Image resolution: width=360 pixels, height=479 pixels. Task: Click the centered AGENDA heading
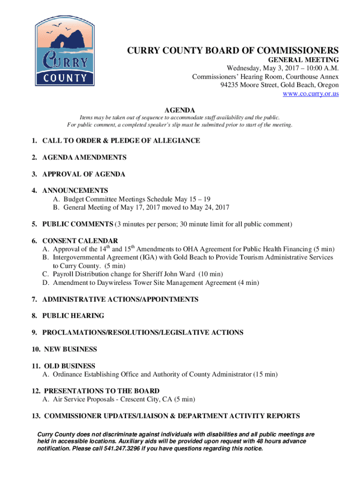point(180,110)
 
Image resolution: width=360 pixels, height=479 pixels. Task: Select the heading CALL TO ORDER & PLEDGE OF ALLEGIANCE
point(121,141)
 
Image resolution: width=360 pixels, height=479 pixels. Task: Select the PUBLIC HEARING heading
point(73,316)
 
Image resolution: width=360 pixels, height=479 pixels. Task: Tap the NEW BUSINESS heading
point(70,349)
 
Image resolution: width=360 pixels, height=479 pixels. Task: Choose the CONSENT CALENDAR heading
point(80,241)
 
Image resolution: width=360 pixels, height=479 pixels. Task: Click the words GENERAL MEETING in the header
point(303,60)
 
